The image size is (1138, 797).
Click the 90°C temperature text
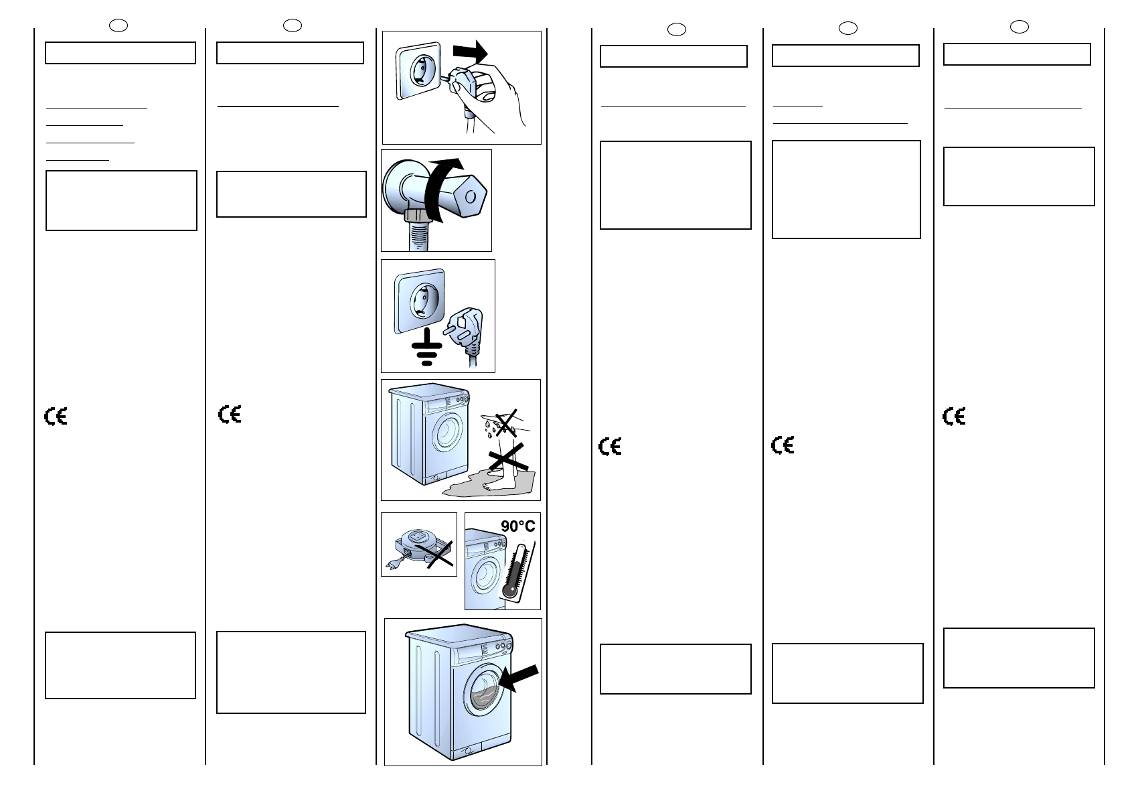click(x=517, y=526)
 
